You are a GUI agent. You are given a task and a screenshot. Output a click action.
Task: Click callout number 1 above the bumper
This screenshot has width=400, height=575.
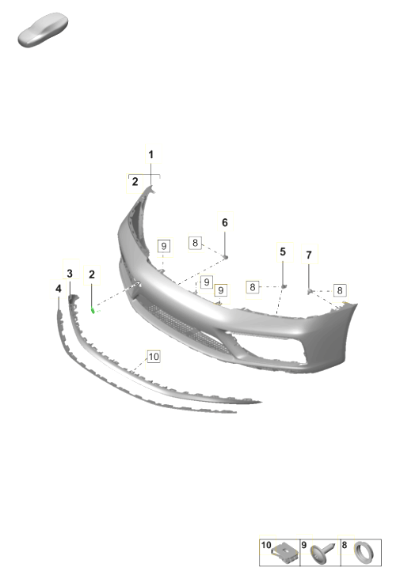coord(150,155)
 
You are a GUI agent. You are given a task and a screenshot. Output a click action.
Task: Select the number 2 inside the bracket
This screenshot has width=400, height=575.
coord(135,181)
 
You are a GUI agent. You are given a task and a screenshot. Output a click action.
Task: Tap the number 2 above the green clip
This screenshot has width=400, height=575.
coord(91,274)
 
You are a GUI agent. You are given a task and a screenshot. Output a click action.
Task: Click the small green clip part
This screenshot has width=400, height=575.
coord(93,311)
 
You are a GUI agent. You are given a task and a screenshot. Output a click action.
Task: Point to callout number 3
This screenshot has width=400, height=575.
coord(70,273)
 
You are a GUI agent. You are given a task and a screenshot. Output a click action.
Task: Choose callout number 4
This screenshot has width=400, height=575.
coord(59,289)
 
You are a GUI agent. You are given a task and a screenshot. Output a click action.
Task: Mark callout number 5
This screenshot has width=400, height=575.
coord(283,252)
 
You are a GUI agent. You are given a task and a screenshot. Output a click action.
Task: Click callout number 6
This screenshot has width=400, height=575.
coord(225,222)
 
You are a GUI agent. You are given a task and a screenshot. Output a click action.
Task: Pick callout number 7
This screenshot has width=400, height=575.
coord(309,255)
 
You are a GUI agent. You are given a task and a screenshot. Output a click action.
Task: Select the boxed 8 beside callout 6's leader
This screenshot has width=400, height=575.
coord(195,242)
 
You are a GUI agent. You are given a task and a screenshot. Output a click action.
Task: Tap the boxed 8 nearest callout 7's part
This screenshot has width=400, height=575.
coord(339,290)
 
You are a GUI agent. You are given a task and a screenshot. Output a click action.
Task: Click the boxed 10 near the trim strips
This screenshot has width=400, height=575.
coord(154,357)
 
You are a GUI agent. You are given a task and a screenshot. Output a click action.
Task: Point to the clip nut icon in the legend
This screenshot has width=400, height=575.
coord(285,553)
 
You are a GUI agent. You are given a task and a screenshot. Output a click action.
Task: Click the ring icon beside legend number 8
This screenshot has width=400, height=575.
coord(364,552)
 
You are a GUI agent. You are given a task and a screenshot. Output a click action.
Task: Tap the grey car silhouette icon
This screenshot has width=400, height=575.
coord(43,30)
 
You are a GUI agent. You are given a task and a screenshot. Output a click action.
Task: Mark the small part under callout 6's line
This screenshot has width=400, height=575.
coord(226,257)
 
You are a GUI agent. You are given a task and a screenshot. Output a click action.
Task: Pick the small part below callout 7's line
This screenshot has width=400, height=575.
coord(309,292)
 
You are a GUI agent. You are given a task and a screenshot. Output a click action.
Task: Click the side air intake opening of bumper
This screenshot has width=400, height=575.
coord(269,344)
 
